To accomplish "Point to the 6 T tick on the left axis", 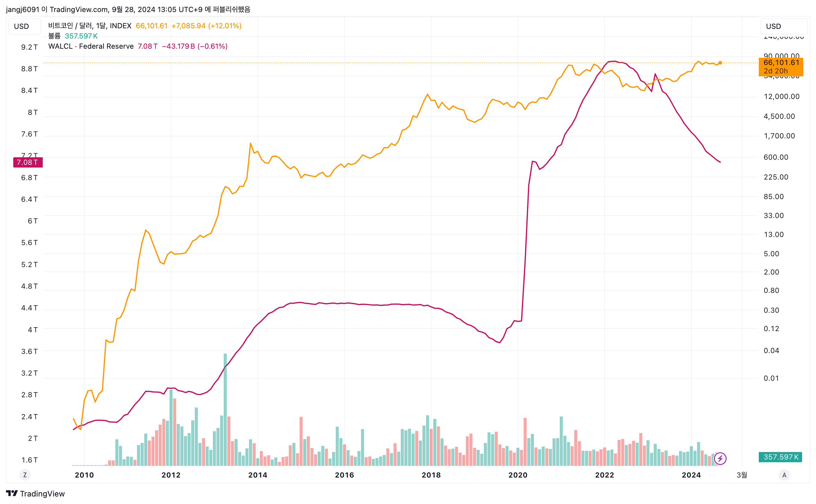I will coord(33,221).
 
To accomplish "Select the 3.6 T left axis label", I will coord(30,351).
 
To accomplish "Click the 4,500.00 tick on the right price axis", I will coord(779,116).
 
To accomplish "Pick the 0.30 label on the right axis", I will coord(771,310).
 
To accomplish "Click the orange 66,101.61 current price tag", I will coord(781,66).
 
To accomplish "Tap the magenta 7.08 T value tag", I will coord(28,162).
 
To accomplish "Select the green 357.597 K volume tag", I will coord(780,457).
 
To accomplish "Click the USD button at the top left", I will coord(22,26).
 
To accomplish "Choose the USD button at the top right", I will coord(773,26).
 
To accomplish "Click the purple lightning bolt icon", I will coord(720,459).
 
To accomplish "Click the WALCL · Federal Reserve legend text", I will coord(91,46).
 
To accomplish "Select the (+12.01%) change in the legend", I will coord(225,26).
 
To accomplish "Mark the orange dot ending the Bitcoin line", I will coord(720,63).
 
